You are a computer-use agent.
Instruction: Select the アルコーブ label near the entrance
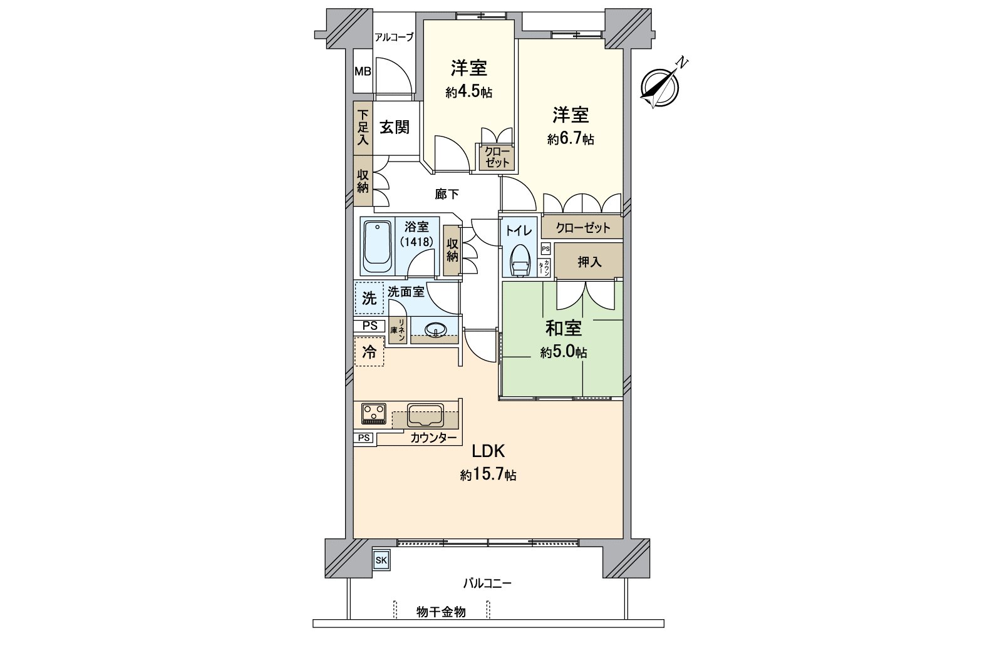[x=393, y=38]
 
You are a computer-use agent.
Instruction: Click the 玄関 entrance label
[x=395, y=128]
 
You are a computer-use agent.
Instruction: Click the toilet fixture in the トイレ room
[x=519, y=260]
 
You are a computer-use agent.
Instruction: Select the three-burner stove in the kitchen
[x=374, y=413]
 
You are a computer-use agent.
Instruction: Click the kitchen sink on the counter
[x=425, y=414]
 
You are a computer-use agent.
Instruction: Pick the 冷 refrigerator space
[x=369, y=352]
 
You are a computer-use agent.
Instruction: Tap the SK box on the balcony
[x=381, y=560]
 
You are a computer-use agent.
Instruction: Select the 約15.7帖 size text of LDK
[x=488, y=475]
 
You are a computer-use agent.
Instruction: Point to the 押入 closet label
[x=589, y=262]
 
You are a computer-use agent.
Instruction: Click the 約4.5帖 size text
[x=468, y=92]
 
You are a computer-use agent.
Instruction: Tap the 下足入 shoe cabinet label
[x=363, y=128]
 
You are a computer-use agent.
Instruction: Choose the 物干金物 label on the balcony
[x=441, y=612]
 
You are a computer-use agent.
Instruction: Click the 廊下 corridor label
[x=447, y=195]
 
